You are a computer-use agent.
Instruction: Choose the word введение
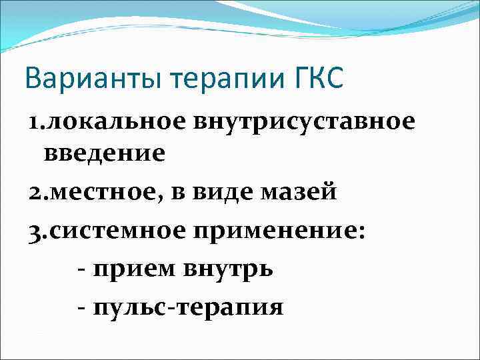[105, 155]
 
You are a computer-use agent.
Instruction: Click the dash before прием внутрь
[81, 270]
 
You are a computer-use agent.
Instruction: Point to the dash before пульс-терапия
[81, 308]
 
